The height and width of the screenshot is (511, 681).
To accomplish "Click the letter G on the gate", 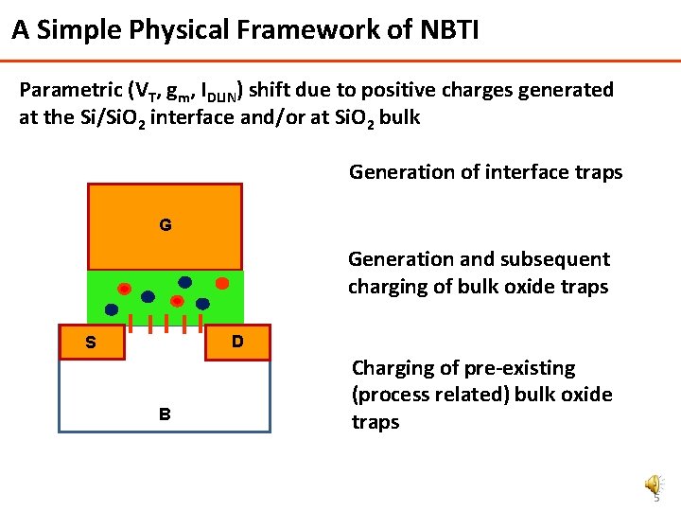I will click(166, 226).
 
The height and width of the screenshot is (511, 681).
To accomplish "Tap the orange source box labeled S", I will click(91, 343).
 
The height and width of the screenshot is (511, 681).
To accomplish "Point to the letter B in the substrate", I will click(165, 414).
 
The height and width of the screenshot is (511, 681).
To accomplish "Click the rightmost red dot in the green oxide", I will click(221, 282).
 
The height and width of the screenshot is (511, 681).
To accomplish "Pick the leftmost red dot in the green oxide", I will click(124, 288).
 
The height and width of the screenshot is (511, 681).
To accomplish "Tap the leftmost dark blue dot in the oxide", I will click(112, 309).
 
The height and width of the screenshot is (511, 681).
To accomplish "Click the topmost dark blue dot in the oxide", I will click(184, 282).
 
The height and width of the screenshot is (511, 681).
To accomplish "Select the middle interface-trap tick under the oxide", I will click(166, 325).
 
